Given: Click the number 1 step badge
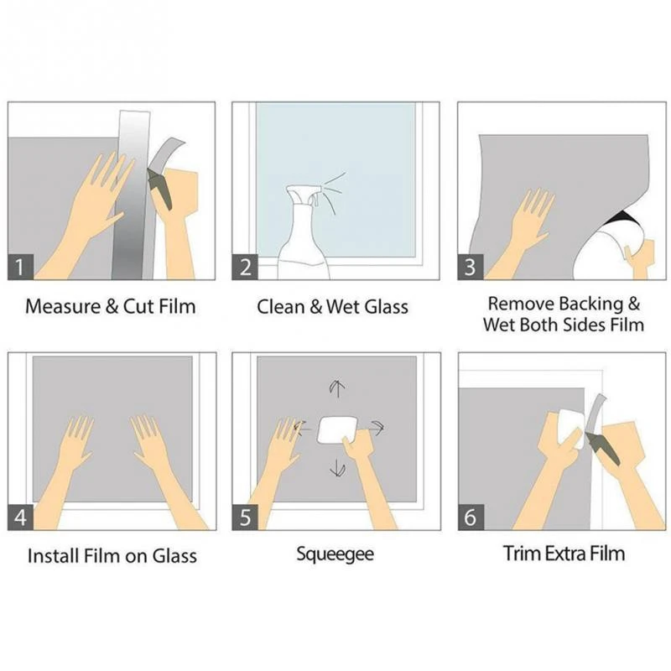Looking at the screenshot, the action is click(x=20, y=267).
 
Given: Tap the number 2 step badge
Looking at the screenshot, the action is click(x=245, y=267).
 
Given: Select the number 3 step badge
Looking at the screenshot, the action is click(x=471, y=267).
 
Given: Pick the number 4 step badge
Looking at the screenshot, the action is click(x=20, y=517).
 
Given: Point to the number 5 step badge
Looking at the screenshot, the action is click(x=245, y=517).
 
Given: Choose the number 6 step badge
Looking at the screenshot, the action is click(x=471, y=517).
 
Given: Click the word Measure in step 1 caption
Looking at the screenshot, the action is click(x=64, y=306).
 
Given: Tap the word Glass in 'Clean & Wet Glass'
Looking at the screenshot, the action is click(x=387, y=307).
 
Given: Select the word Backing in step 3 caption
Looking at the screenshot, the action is click(x=591, y=304).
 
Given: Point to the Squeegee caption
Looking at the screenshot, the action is click(x=335, y=554).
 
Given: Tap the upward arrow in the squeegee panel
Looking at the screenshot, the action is click(x=337, y=388).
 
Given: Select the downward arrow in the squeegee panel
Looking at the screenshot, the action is click(x=338, y=468).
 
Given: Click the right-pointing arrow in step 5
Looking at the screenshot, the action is click(x=377, y=427).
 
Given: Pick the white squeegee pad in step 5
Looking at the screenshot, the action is click(x=336, y=430).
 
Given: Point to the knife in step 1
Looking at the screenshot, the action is click(x=160, y=188).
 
